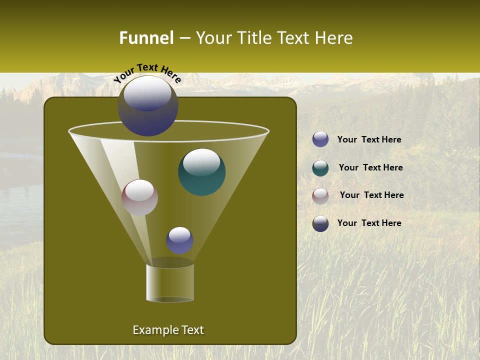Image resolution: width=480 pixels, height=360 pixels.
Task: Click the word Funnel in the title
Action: pyautogui.click(x=146, y=38)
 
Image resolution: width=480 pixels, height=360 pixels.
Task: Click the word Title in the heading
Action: pyautogui.click(x=252, y=38)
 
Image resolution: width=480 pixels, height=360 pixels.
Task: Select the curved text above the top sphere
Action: pyautogui.click(x=147, y=72)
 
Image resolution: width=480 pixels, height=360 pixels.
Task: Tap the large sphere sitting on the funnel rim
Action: pyautogui.click(x=148, y=106)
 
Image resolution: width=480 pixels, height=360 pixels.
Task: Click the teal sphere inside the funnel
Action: pyautogui.click(x=202, y=172)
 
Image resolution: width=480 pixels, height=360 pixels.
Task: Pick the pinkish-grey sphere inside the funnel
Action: pyautogui.click(x=140, y=197)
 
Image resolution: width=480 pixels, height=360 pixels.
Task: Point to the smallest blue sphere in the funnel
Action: pyautogui.click(x=179, y=240)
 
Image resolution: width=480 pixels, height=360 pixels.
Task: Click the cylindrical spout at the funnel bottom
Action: pyautogui.click(x=170, y=282)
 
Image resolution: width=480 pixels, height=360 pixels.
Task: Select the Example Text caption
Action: pyautogui.click(x=168, y=330)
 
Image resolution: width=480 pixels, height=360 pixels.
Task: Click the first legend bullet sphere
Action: pyautogui.click(x=320, y=139)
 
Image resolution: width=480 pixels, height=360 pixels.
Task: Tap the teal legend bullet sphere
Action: pyautogui.click(x=320, y=168)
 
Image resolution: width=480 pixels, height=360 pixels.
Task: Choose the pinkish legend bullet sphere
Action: pyautogui.click(x=320, y=196)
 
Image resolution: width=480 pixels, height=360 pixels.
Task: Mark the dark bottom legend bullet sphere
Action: pyautogui.click(x=320, y=223)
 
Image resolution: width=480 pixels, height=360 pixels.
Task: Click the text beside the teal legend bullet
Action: pyautogui.click(x=370, y=167)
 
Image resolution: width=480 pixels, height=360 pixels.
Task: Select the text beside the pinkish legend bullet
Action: pyautogui.click(x=371, y=195)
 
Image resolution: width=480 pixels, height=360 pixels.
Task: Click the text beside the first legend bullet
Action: pyautogui.click(x=369, y=139)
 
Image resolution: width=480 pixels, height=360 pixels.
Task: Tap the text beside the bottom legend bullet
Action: pyautogui.click(x=369, y=223)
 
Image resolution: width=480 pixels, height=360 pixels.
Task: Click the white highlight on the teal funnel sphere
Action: pyautogui.click(x=201, y=162)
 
